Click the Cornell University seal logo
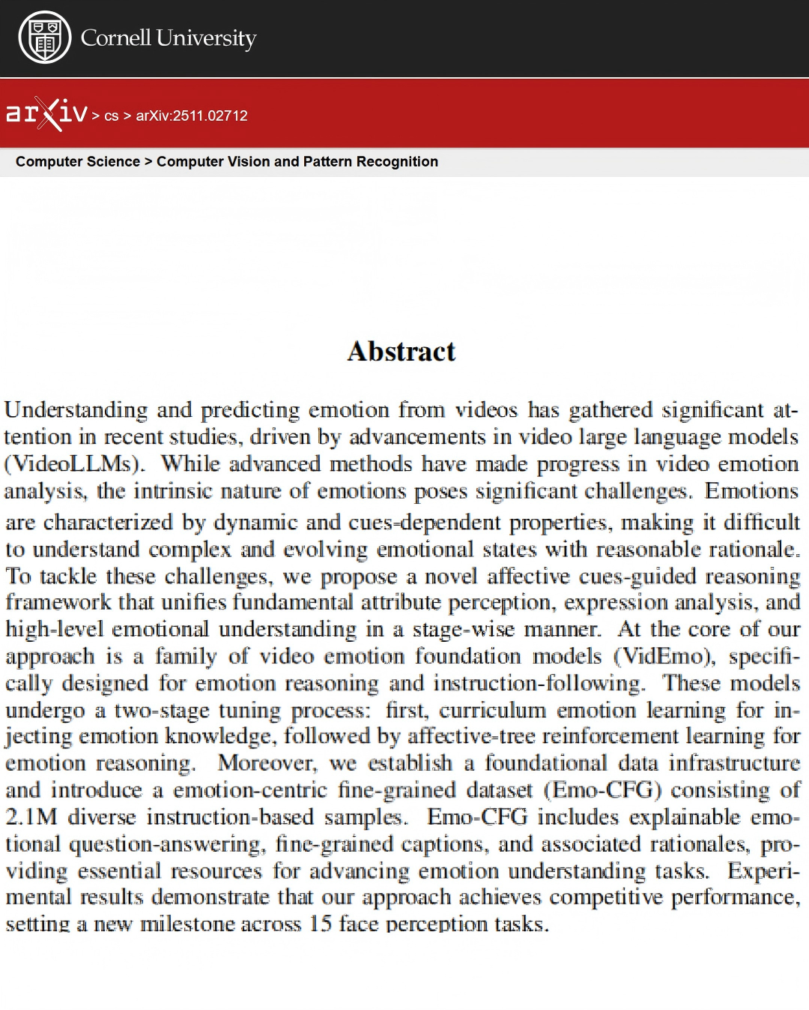click(x=45, y=37)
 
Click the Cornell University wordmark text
click(x=169, y=37)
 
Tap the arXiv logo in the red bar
click(x=46, y=114)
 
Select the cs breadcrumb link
click(x=112, y=116)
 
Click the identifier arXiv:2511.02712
click(x=192, y=116)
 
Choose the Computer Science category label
click(x=78, y=162)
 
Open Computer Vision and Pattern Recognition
click(x=297, y=162)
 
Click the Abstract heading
click(x=402, y=352)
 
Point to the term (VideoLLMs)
click(x=74, y=464)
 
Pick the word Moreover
click(x=267, y=763)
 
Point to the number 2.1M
click(x=31, y=817)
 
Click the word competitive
click(x=598, y=898)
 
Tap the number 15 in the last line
click(x=320, y=924)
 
